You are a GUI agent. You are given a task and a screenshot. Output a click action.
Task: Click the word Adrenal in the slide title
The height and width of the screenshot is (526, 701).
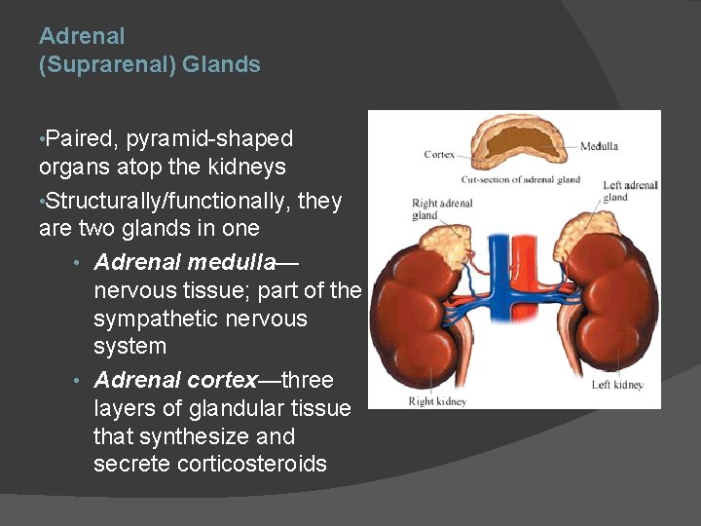(82, 36)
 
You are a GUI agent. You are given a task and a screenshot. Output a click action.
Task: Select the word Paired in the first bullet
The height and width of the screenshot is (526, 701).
(82, 139)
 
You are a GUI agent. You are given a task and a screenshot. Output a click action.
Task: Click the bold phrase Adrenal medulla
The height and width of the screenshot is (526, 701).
(185, 263)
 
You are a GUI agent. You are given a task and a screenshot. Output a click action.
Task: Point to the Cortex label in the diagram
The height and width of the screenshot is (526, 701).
(439, 154)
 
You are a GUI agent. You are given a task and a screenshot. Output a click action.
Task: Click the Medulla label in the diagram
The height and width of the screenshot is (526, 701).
(600, 147)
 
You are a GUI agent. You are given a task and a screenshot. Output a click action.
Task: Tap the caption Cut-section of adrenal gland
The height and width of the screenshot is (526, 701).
(521, 179)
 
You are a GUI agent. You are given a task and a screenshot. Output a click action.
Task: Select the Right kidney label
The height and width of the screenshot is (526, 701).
(437, 401)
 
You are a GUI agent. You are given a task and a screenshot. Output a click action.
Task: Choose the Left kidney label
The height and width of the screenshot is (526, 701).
(617, 385)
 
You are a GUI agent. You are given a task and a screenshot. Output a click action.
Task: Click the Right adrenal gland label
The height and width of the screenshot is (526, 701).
(441, 208)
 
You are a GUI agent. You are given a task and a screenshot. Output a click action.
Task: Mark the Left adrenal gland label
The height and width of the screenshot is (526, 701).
(629, 191)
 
